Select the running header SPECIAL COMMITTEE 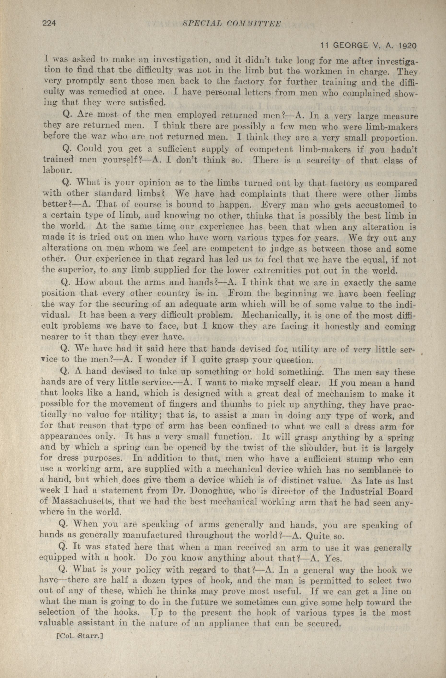coord(231,24)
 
